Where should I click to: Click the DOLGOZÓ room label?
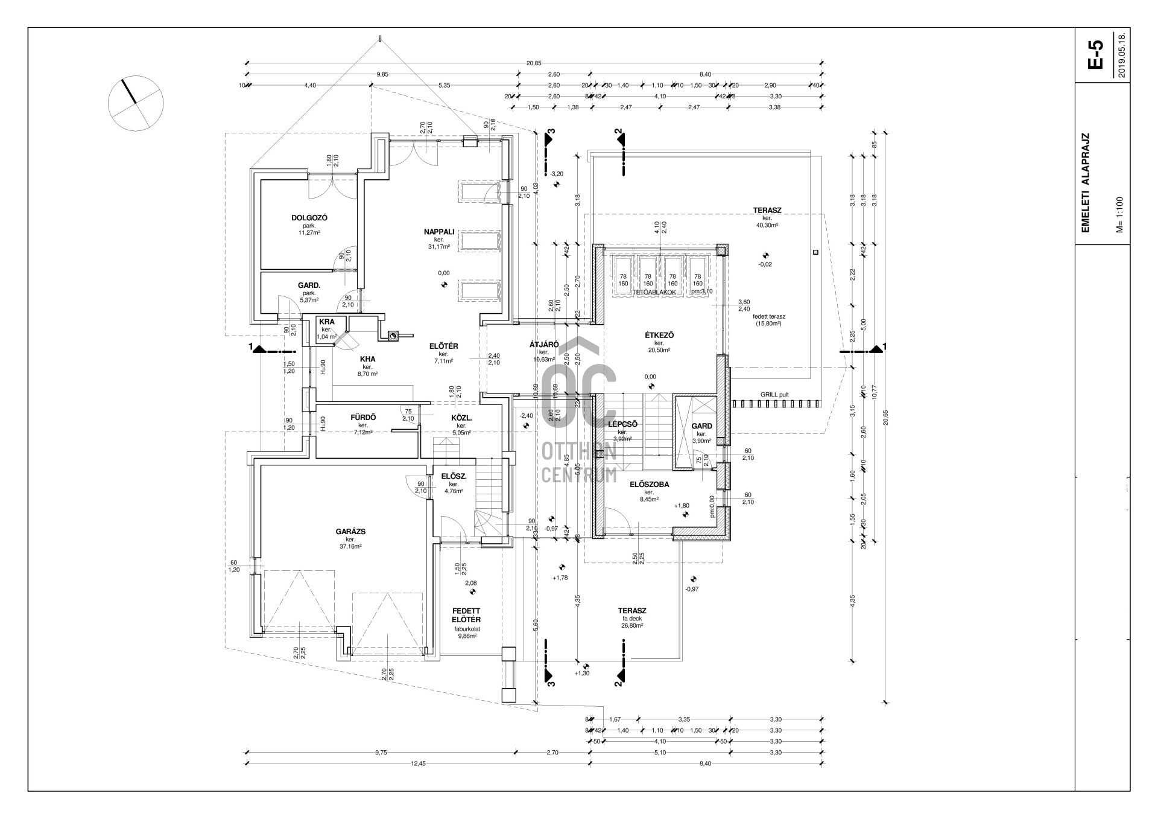[309, 218]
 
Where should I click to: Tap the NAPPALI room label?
[438, 232]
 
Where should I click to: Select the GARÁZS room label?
[350, 532]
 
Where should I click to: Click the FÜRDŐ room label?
[363, 417]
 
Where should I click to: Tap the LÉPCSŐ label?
[622, 424]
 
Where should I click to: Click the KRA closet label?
[326, 322]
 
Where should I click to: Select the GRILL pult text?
[774, 395]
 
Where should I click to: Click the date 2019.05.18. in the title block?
[1122, 54]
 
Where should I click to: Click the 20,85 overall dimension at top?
[534, 63]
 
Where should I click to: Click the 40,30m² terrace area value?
[767, 225]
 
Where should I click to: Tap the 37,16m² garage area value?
[350, 547]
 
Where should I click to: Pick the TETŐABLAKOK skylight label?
[654, 292]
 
